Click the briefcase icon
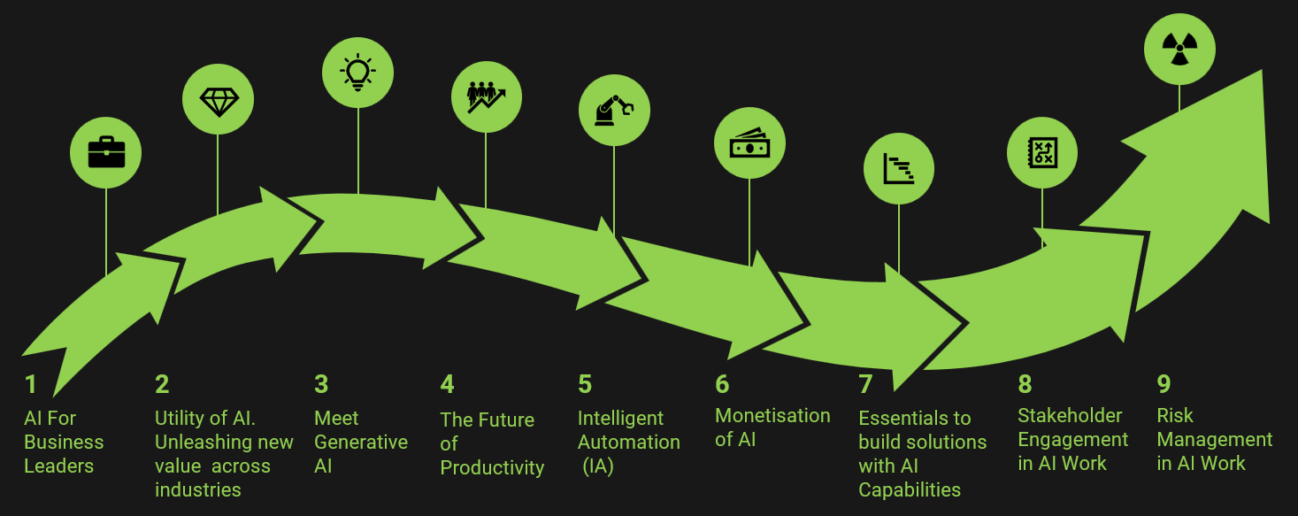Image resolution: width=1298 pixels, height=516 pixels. pos(106,153)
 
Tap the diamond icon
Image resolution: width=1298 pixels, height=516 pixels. pos(218,101)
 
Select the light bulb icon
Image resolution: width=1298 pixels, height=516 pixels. pos(357,72)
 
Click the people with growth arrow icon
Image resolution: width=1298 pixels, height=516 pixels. pos(486,96)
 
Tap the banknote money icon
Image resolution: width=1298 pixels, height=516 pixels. pos(749,143)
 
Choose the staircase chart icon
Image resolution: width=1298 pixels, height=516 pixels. pos(898,168)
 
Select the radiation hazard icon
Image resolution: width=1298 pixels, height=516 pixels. pos(1179,50)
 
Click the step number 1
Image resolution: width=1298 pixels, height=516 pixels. pos(31,384)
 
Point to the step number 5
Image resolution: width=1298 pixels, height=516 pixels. pos(585,384)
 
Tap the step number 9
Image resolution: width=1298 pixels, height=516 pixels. pos(1164,384)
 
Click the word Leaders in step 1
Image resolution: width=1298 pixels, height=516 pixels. pos(58,466)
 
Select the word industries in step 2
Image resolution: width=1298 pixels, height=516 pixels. pos(197,489)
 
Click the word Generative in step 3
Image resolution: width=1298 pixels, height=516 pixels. pos(361,442)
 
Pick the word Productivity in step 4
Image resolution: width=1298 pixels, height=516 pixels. pos(492,467)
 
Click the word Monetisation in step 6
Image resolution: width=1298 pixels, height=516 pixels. pos(772,415)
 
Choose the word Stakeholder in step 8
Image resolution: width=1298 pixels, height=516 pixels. pos(1070,415)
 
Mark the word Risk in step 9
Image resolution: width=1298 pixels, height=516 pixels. pos(1175,415)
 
